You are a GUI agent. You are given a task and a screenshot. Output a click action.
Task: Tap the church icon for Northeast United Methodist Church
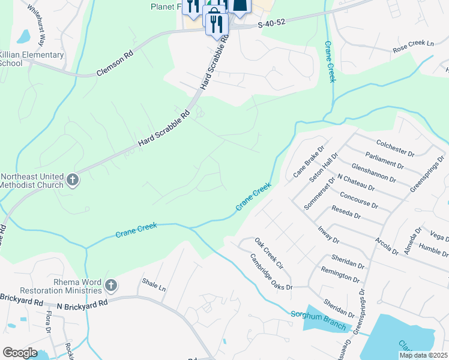(72, 180)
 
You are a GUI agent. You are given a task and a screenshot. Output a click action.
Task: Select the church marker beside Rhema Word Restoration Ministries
(110, 286)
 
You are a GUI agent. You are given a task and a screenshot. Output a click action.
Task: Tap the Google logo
(20, 353)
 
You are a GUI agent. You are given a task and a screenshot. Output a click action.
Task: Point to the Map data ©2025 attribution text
(423, 355)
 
